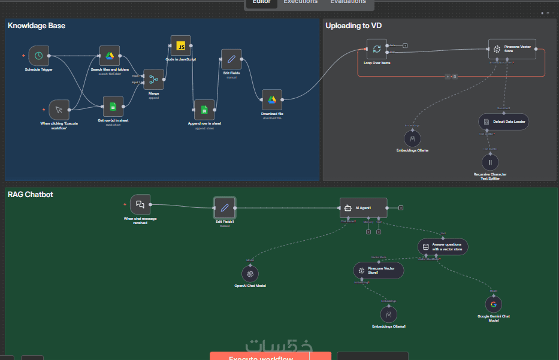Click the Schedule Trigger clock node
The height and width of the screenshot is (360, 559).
point(38,56)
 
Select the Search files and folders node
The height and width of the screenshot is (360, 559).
point(110,56)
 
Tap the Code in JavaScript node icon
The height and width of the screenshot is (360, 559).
point(180,46)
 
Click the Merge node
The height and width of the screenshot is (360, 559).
point(153,79)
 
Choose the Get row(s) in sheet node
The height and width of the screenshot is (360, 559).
point(113,107)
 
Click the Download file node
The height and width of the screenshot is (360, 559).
point(271,100)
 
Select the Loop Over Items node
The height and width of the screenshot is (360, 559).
point(377,50)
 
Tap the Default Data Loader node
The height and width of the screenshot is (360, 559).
point(503,121)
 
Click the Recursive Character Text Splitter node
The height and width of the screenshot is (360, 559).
point(490,162)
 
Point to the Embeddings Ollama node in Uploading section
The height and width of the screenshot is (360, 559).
point(412,138)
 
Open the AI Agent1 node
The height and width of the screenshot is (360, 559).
point(363,208)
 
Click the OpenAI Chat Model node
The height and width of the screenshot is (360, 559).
point(250,274)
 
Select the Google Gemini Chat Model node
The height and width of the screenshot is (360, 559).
point(493,304)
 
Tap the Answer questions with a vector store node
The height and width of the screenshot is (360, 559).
point(443,246)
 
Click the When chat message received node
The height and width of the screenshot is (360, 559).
point(140,204)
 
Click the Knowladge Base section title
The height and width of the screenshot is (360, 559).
point(37,26)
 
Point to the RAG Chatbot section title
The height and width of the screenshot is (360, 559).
point(30,194)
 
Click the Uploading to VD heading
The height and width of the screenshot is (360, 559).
point(353,26)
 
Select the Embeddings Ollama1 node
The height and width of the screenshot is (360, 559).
point(389,314)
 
